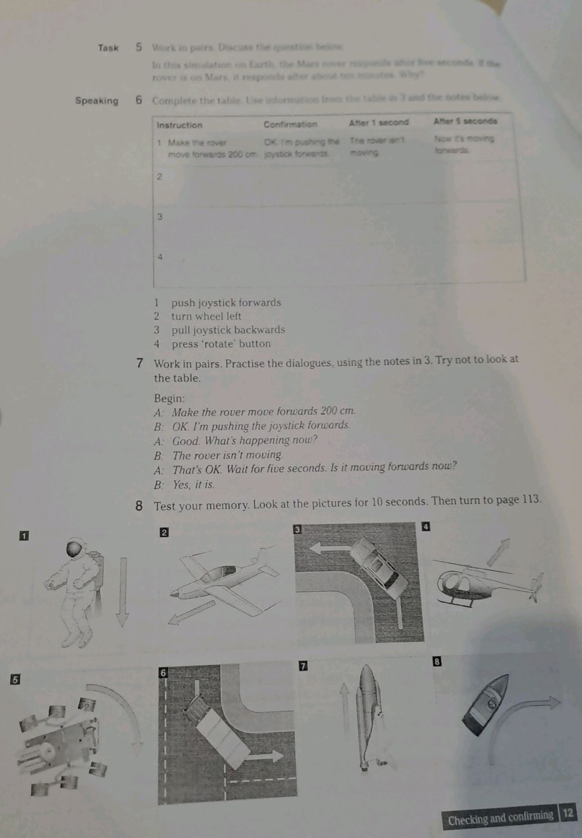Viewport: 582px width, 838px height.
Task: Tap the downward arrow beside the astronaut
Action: point(122,593)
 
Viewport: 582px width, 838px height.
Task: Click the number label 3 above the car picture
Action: point(299,529)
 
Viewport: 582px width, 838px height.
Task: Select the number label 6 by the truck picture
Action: point(164,671)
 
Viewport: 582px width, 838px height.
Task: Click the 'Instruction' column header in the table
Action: point(179,125)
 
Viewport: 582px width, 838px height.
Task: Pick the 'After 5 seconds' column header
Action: point(465,121)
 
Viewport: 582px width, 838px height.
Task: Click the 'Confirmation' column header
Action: point(290,124)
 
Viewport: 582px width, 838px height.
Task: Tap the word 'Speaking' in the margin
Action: point(97,101)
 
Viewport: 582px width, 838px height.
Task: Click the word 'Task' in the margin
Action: point(108,48)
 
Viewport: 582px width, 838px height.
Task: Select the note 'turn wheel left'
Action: point(206,316)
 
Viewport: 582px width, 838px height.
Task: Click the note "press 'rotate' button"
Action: point(221,344)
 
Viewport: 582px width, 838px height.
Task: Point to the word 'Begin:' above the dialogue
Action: point(169,398)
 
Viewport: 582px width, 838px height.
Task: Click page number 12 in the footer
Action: point(568,813)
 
